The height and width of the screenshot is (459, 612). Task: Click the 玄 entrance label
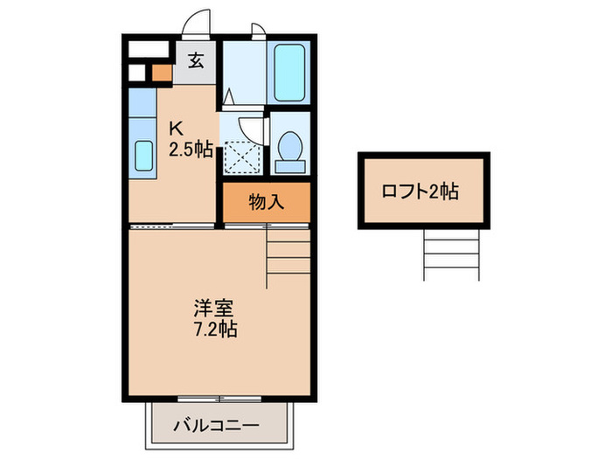[x=197, y=61]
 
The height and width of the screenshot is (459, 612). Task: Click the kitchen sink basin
[x=143, y=157]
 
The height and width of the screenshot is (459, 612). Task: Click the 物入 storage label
[x=266, y=203]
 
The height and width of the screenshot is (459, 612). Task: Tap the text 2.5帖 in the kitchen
[x=190, y=149]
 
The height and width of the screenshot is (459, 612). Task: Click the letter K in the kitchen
[x=175, y=128]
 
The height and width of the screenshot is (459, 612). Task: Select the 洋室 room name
[x=213, y=309]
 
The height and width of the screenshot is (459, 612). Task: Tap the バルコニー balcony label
[x=215, y=426]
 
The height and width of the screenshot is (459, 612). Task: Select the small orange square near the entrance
[x=161, y=73]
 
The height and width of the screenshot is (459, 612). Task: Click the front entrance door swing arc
[x=198, y=22]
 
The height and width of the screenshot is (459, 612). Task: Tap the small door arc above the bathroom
[x=258, y=30]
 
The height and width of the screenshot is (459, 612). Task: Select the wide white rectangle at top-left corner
[x=150, y=49]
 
